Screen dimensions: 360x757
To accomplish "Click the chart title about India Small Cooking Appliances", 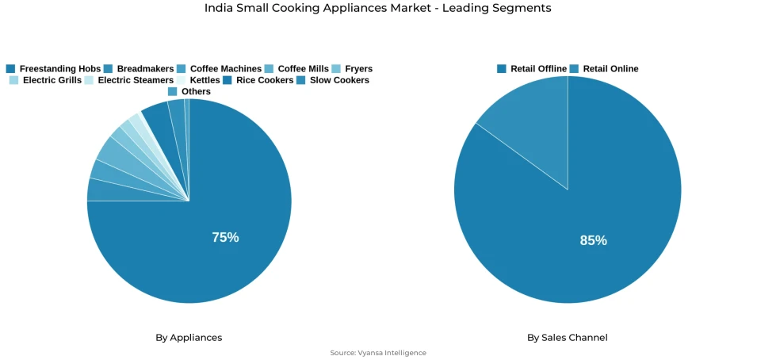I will pyautogui.click(x=377, y=8).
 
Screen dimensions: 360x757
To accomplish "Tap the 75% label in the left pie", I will pyautogui.click(x=225, y=237).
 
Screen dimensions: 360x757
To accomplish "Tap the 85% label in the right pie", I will pyautogui.click(x=593, y=240).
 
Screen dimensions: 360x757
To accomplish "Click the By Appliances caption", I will pyautogui.click(x=189, y=338).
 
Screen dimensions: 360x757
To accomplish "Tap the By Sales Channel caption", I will pyautogui.click(x=568, y=338).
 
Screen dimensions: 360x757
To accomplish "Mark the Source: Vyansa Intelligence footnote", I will pyautogui.click(x=378, y=353).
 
